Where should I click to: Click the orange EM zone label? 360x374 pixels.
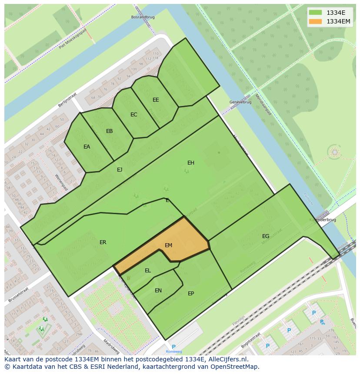[168, 245]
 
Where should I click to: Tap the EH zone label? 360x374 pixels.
[190, 163]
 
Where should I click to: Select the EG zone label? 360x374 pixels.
[266, 236]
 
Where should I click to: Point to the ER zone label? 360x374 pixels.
[103, 242]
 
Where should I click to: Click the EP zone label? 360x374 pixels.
[191, 294]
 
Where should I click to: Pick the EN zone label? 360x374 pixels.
[158, 291]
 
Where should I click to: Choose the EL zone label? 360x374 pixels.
[148, 271]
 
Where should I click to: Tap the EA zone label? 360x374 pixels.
[87, 147]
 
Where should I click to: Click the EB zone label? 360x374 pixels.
[110, 131]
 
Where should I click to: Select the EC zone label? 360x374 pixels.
[134, 115]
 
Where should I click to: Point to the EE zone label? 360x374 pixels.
[156, 100]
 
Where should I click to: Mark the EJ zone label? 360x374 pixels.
[120, 170]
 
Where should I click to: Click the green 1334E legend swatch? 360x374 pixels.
[316, 13]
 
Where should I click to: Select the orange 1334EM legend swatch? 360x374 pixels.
[316, 21]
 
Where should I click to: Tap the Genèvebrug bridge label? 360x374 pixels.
[238, 102]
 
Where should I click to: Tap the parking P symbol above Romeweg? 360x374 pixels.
[173, 347]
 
